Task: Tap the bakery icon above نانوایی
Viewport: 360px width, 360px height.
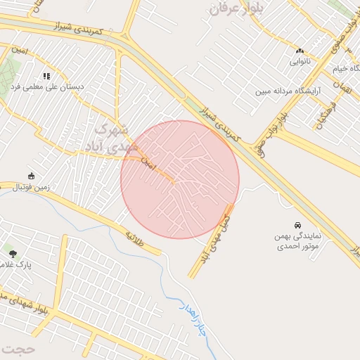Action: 300,51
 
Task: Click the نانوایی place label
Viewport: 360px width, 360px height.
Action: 300,61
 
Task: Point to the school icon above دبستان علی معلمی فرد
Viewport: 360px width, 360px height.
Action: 46,76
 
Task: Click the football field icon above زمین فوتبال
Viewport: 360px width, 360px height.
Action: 31,176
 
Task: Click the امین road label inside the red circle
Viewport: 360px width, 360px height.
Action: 147,165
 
